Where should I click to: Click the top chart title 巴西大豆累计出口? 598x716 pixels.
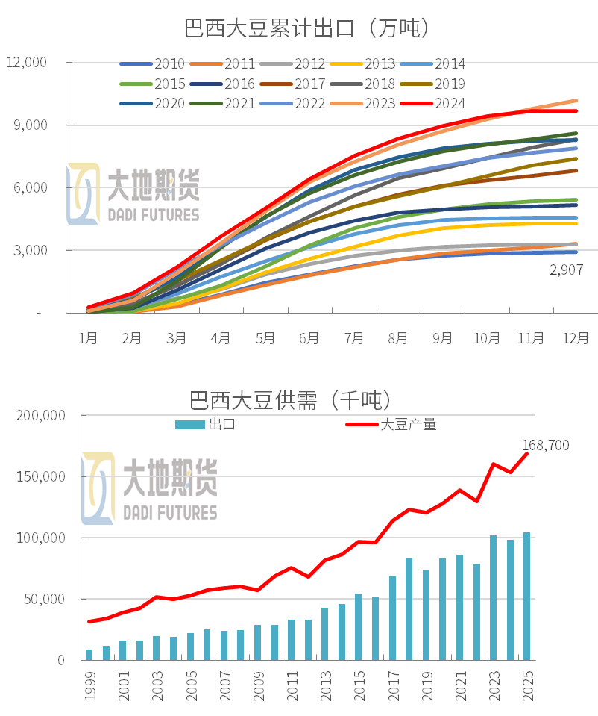(306, 28)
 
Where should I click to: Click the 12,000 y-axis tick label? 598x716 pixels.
(26, 63)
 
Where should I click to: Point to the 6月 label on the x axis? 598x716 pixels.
(309, 338)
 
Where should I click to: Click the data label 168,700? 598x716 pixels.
(545, 446)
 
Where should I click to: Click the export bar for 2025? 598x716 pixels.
(526, 596)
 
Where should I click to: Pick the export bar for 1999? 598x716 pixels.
(89, 655)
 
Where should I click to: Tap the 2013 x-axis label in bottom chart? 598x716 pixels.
(325, 685)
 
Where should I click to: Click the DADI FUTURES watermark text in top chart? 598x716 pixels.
(154, 215)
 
